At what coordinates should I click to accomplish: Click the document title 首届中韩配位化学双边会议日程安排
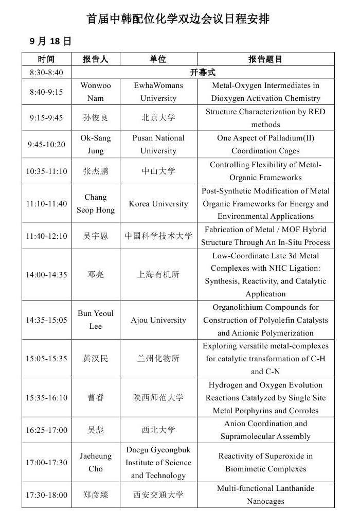point(178,19)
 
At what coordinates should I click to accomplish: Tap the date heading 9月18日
point(50,41)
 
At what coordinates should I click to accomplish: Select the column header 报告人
point(96,59)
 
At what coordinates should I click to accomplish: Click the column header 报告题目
point(265,59)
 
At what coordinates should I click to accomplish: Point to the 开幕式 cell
point(203,73)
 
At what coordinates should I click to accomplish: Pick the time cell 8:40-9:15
point(46,92)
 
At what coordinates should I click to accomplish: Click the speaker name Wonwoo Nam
point(96,92)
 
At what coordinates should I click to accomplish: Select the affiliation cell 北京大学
point(158,118)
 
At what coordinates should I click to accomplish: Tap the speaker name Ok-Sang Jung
point(96,144)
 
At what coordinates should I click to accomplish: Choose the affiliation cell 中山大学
point(158,171)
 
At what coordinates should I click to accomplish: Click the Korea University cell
point(158,204)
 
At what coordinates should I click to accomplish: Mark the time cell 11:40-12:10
point(46,236)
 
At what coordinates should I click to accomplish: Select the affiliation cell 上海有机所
point(158,275)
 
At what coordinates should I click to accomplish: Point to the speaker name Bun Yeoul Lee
point(96,320)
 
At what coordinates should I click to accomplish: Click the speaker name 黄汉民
point(96,359)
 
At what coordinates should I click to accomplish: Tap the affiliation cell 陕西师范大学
point(158,398)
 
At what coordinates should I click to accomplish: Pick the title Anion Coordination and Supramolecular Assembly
point(265,430)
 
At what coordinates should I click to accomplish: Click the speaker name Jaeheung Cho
point(96,462)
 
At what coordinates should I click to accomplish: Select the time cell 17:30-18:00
point(46,495)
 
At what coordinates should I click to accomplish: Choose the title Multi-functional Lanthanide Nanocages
point(265,495)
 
